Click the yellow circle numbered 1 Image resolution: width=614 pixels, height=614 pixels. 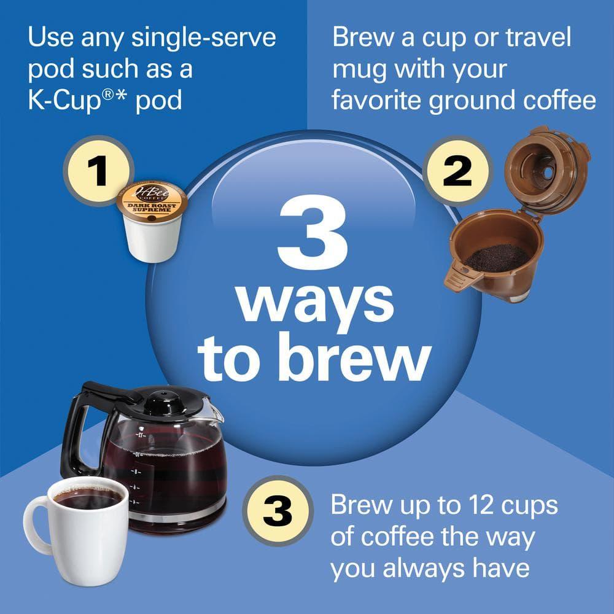tap(98, 171)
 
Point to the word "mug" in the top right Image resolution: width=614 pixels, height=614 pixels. tap(359, 69)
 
